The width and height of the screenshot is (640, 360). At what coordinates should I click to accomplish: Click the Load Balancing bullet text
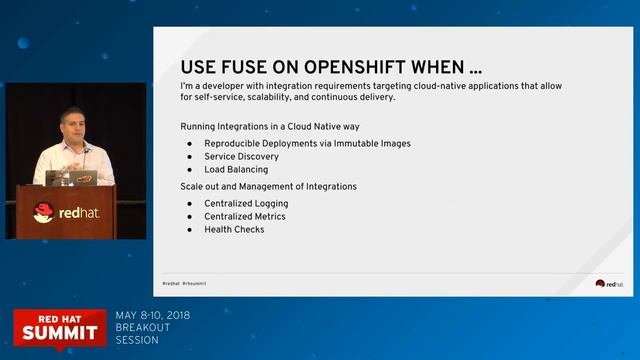[x=236, y=170]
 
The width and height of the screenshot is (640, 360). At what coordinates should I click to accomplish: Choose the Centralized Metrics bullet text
[x=244, y=216]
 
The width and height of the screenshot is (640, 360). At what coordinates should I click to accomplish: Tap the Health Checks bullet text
[x=234, y=229]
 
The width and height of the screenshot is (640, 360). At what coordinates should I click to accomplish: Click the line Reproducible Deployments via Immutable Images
[x=307, y=144]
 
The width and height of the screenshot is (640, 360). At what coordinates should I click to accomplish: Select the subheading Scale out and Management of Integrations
[x=268, y=186]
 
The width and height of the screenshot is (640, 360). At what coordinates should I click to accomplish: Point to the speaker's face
[x=71, y=128]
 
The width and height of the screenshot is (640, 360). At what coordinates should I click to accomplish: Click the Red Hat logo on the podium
[x=64, y=212]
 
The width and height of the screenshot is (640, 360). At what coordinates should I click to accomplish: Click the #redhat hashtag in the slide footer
[x=171, y=283]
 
